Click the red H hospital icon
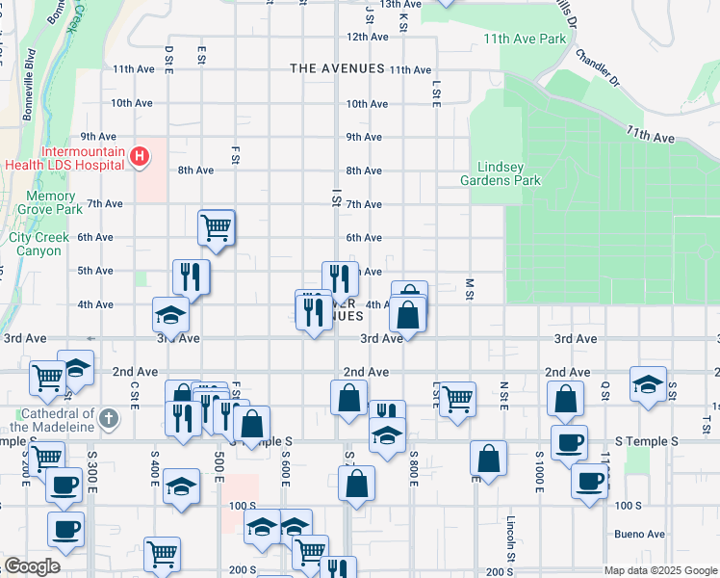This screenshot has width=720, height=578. point(141,156)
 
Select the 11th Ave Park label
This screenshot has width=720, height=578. point(526,39)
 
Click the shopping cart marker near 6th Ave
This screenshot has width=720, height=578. point(217,228)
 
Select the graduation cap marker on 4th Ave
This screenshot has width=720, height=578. point(170,314)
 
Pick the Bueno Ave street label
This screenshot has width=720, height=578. point(640,534)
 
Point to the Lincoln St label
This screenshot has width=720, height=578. point(510,538)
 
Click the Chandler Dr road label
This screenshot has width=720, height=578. point(597,67)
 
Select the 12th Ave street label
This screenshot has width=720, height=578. point(367,37)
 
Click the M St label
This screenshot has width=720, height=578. point(470,287)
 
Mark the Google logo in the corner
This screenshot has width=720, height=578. point(32,567)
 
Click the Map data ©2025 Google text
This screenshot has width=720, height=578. point(660,570)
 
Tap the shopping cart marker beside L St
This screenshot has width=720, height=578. point(456,398)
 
